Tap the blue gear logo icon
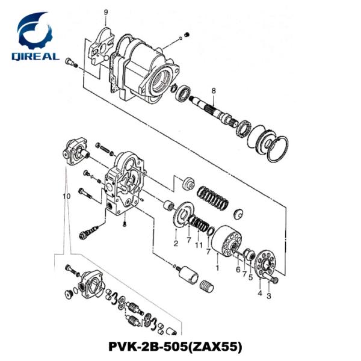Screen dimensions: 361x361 tap(35, 31)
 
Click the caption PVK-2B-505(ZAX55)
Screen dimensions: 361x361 tap(181, 348)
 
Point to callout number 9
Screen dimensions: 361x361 tap(106, 12)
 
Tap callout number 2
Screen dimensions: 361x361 tap(175, 244)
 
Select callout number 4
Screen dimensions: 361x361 tap(259, 293)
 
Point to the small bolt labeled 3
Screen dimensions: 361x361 tap(275, 280)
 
